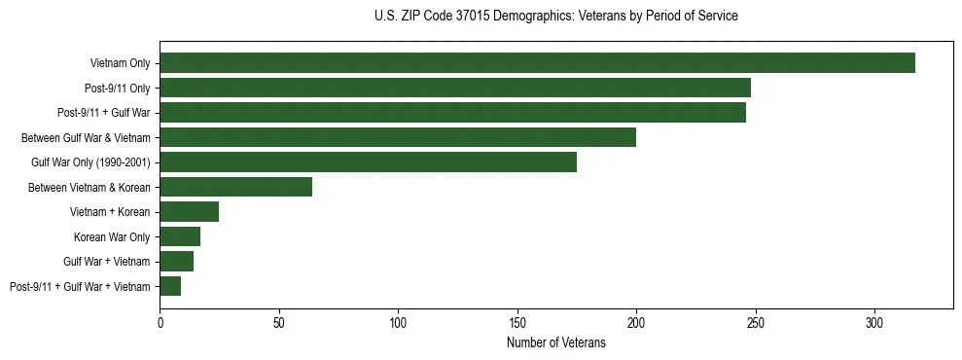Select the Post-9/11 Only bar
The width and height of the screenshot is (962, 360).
coord(455,88)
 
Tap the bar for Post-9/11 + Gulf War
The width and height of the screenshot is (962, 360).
coord(452,113)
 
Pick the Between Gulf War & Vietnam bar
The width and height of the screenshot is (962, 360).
coord(398,137)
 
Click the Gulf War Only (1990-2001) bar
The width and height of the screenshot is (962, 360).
coord(368,162)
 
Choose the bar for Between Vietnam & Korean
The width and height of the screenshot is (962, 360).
coord(235,187)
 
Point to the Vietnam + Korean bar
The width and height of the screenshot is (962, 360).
coord(189,211)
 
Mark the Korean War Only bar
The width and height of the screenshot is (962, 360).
coord(180,236)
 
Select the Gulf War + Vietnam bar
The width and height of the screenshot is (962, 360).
coord(176,261)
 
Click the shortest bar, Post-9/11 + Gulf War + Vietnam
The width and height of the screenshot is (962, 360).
coord(170,286)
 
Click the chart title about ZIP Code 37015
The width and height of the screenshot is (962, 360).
coord(555,16)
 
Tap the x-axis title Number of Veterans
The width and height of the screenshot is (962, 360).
coord(555,342)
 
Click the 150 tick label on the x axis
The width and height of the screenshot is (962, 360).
coord(517,322)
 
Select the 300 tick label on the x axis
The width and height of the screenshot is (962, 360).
coord(874,322)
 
